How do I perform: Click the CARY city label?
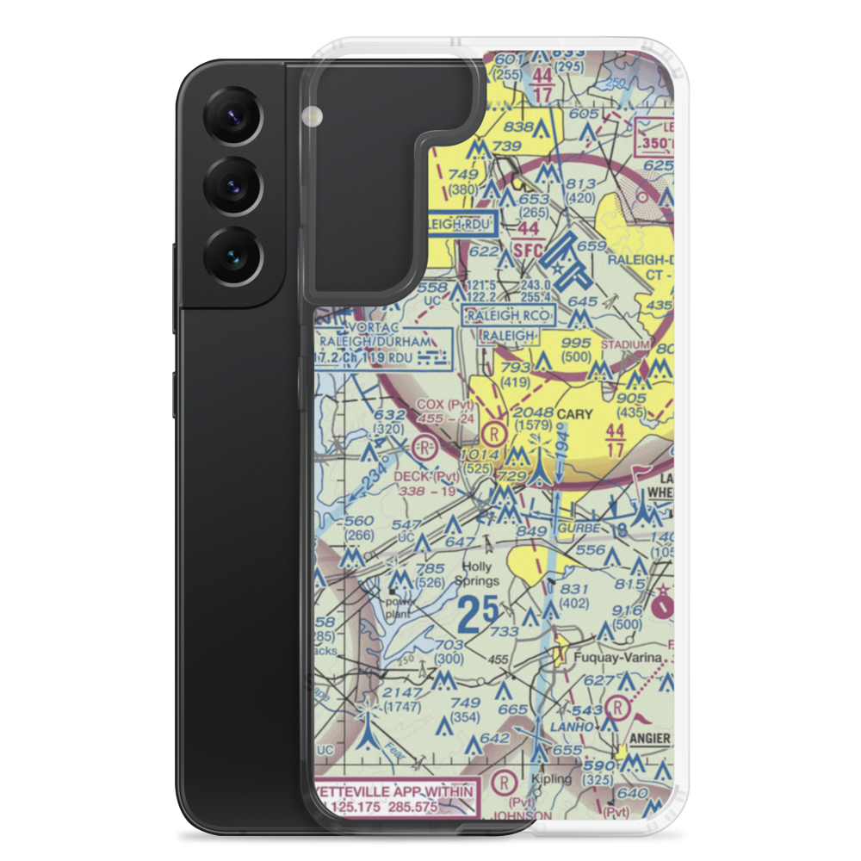(x=574, y=414)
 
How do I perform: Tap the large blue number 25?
(x=478, y=614)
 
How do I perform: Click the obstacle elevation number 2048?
(x=532, y=412)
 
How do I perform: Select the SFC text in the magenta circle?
(x=529, y=251)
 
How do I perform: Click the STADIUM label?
(x=625, y=345)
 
